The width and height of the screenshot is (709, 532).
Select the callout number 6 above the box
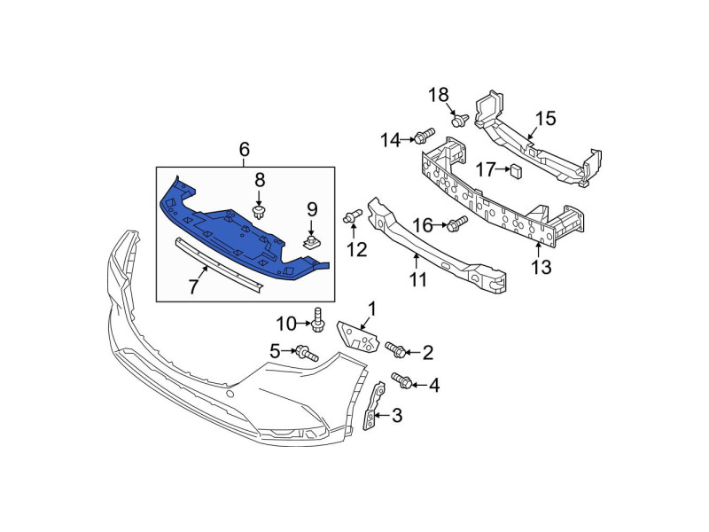(x=244, y=149)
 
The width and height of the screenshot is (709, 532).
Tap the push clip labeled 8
(x=259, y=212)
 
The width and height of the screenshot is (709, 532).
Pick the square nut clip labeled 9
(x=312, y=242)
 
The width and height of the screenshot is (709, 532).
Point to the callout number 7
(x=193, y=286)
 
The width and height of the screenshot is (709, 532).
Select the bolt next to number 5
(x=307, y=353)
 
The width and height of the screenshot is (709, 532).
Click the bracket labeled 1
(x=357, y=337)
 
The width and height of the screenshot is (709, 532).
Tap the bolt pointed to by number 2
(x=395, y=349)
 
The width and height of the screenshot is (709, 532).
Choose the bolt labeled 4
(x=401, y=380)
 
